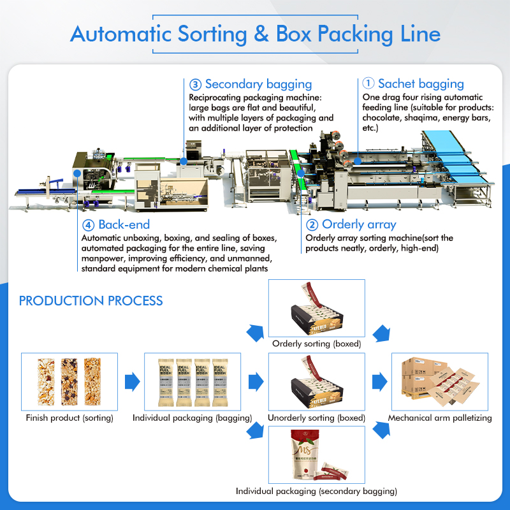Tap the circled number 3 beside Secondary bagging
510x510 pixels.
point(195,84)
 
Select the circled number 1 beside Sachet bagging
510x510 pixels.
point(368,84)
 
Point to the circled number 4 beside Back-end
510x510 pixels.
point(88,224)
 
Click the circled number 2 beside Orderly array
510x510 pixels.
point(312,224)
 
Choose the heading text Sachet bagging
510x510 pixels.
point(421,84)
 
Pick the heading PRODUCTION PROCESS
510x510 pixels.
point(91,301)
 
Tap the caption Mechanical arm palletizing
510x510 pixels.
point(440,418)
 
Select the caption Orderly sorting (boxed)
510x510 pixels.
point(317,344)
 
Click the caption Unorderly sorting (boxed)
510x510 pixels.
point(316,418)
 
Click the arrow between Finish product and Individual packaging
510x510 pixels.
point(132,382)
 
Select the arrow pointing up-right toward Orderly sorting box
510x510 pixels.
point(256,331)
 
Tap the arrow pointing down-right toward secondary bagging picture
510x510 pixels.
point(256,431)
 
